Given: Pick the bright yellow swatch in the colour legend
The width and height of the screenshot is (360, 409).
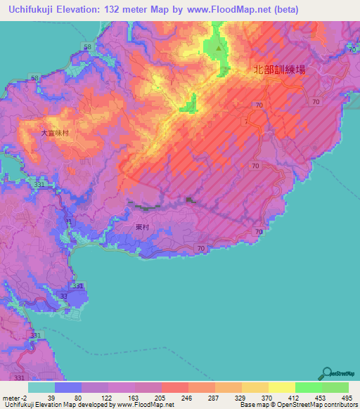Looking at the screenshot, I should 282,387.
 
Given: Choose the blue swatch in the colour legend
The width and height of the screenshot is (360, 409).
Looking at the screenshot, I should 68,387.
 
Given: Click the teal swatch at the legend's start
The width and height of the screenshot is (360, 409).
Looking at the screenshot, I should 41,387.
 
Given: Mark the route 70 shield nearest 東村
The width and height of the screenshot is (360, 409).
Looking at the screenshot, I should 202,249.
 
